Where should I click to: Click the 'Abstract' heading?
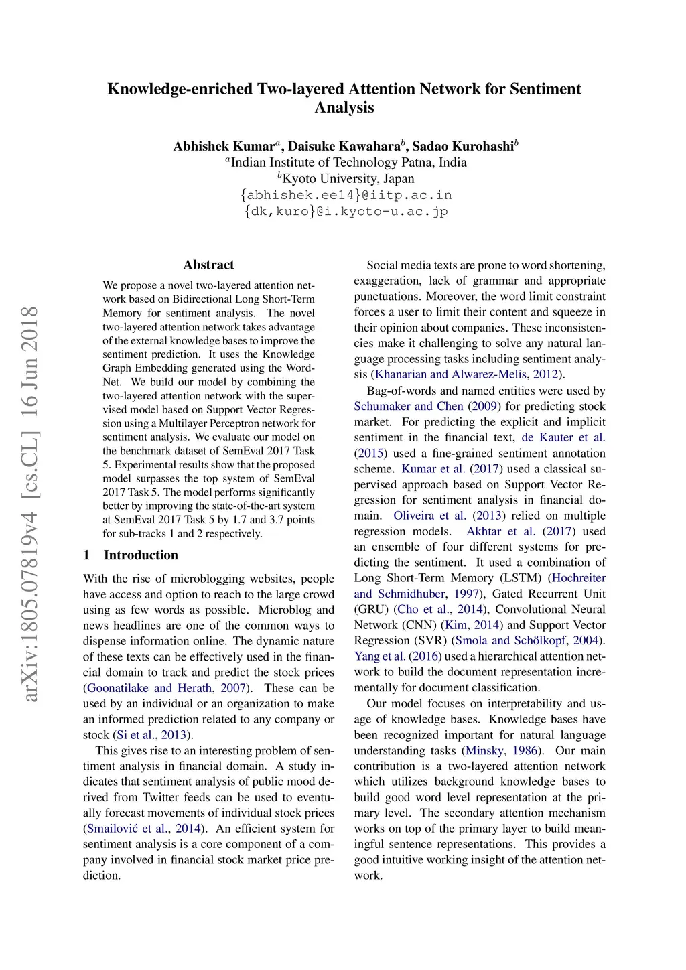(x=208, y=265)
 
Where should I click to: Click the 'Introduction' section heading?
(x=141, y=555)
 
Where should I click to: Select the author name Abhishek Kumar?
(x=224, y=146)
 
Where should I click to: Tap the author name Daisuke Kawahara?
(x=344, y=146)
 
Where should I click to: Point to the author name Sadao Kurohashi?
(x=462, y=146)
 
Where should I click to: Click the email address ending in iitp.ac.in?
(x=346, y=195)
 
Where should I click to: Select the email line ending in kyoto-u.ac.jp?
(x=346, y=212)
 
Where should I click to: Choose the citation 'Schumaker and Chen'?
(x=409, y=406)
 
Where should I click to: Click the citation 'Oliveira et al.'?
(x=429, y=516)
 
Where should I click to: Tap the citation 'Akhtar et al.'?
(x=500, y=531)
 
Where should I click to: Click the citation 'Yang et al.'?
(x=380, y=656)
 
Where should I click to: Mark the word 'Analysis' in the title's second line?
(x=344, y=107)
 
